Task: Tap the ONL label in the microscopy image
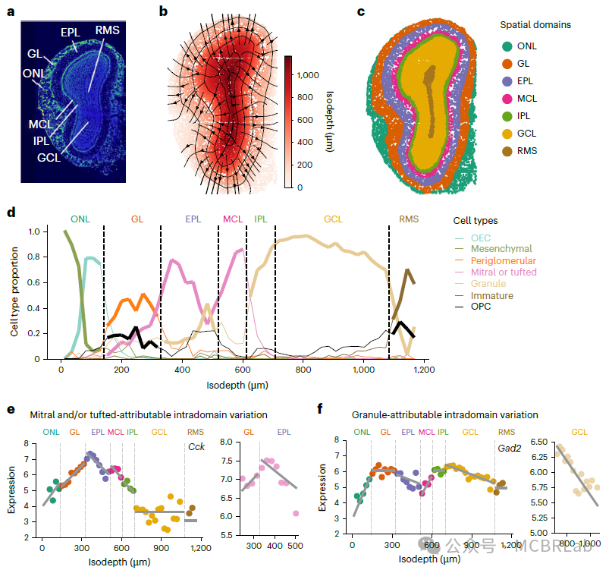[34, 74]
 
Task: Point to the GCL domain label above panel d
[333, 219]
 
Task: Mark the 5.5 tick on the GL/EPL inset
[228, 534]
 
